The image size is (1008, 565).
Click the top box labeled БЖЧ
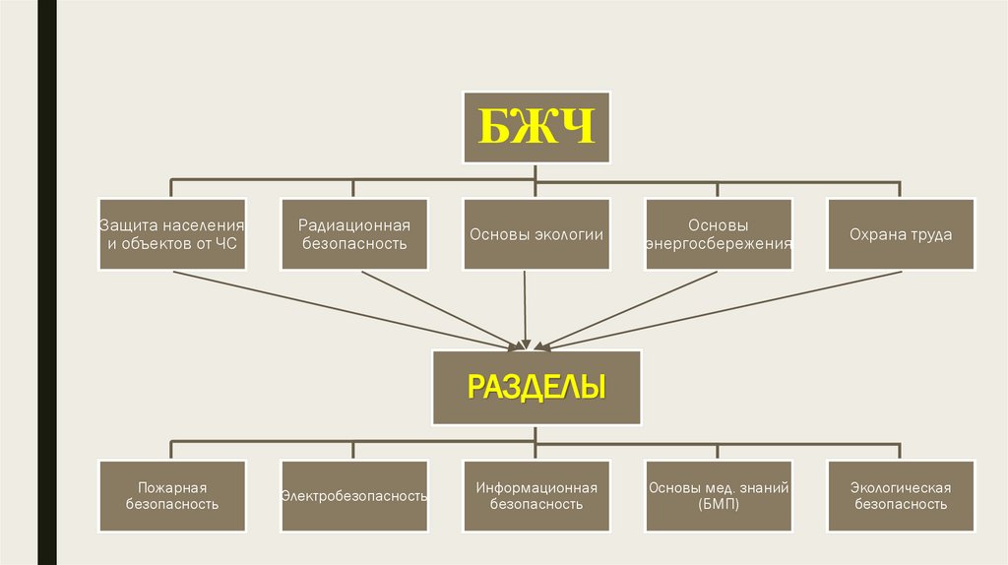pos(536,128)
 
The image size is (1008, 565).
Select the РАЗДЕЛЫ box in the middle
pos(536,386)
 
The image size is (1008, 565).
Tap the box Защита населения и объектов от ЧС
pos(171,234)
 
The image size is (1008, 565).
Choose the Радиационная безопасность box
pos(353,234)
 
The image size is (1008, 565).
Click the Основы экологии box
pos(536,234)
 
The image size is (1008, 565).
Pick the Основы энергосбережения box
pos(719,234)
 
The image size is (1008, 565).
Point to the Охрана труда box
pos(901,234)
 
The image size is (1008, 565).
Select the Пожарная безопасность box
pos(171,495)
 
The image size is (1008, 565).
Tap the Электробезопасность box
pos(353,495)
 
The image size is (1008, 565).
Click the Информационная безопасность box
pos(536,495)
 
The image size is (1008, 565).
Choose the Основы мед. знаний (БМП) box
pos(719,495)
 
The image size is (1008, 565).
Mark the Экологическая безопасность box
pos(901,495)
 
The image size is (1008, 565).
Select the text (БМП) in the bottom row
pos(719,504)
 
